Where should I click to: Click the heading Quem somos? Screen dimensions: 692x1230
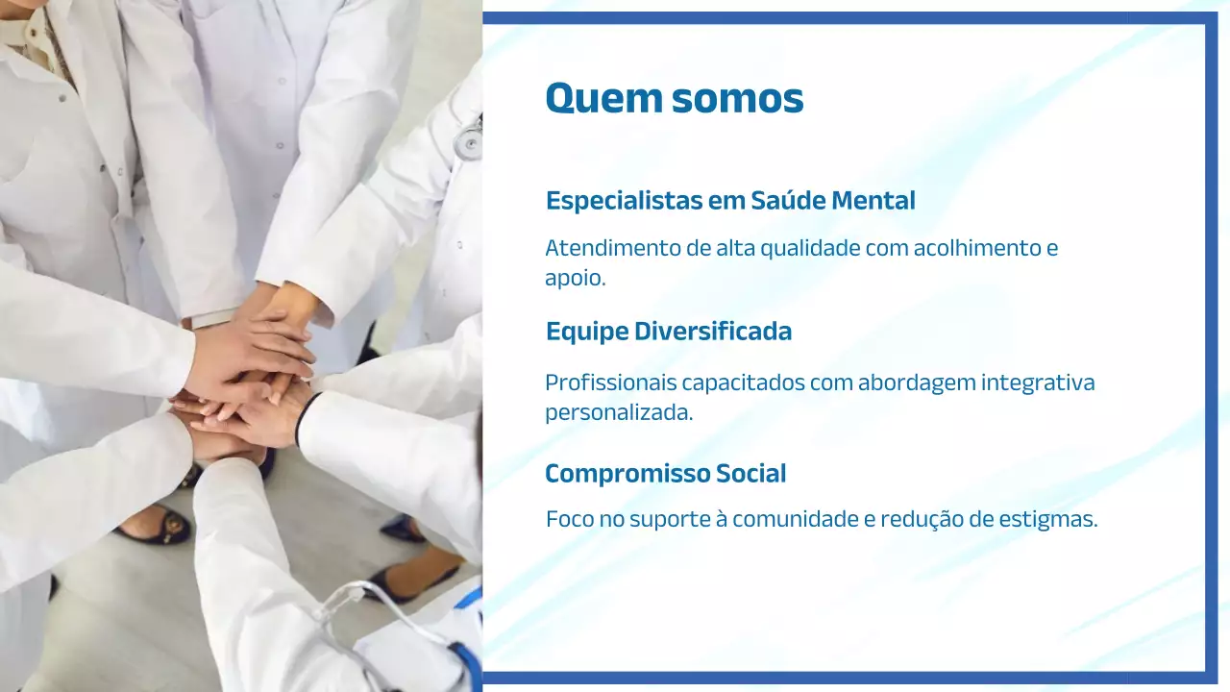(x=674, y=98)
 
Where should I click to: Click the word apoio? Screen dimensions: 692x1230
(x=574, y=279)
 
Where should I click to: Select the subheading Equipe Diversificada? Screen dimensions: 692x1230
(x=669, y=332)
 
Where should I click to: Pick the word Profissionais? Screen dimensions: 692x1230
(x=610, y=383)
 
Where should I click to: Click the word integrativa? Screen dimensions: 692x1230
(x=1038, y=383)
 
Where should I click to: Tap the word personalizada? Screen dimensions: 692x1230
(x=618, y=413)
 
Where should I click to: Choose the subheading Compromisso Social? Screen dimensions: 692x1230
(x=665, y=474)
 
